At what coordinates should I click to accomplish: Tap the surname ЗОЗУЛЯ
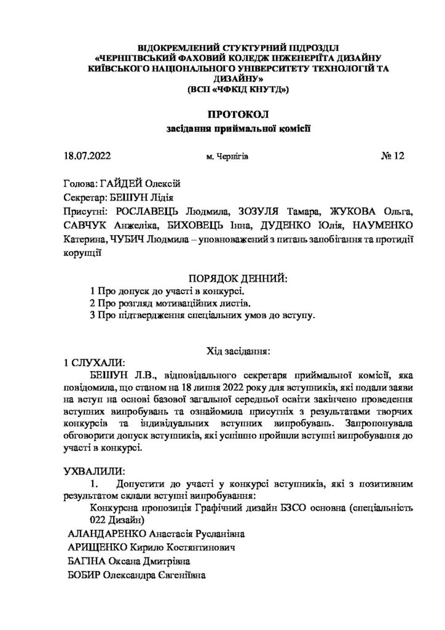pyautogui.click(x=246, y=211)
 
